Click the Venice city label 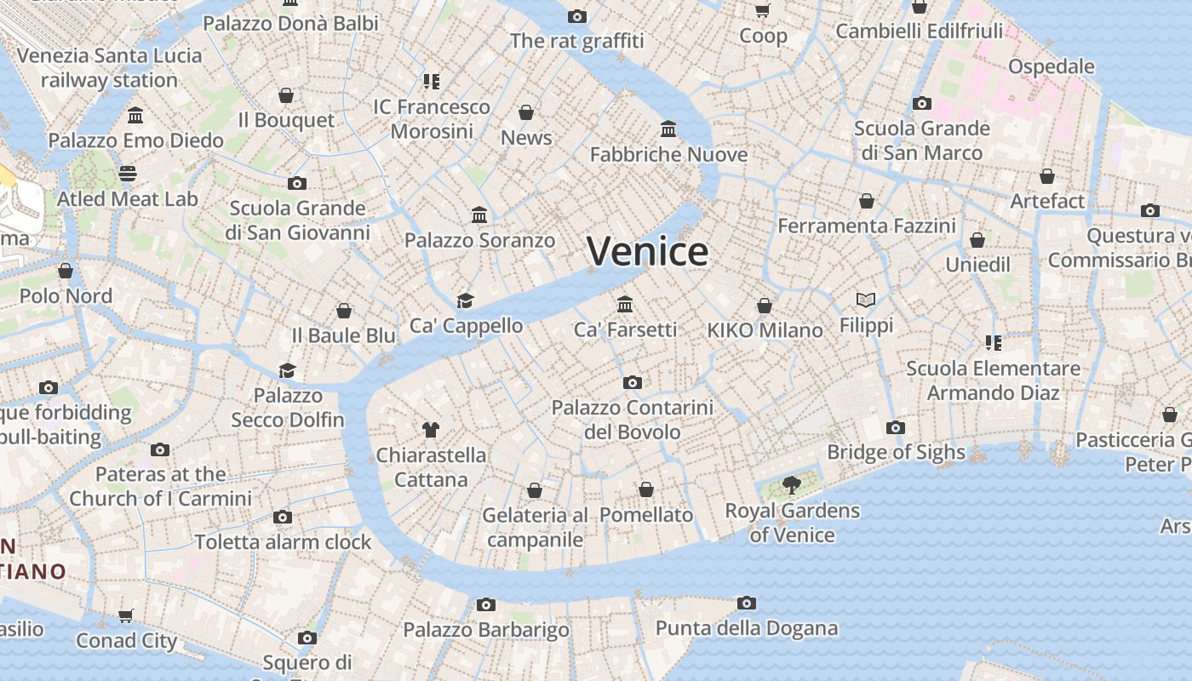pos(647,251)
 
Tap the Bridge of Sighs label pos(896,452)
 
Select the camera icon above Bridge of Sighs pos(896,427)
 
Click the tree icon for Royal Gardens pos(792,485)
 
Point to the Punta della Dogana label pos(746,629)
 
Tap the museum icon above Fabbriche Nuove pos(668,129)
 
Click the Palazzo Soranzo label pos(479,241)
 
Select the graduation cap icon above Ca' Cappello pos(465,300)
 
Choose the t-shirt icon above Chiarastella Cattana pos(431,430)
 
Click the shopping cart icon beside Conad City pos(126,615)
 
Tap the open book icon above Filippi pos(866,300)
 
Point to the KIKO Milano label pos(765,330)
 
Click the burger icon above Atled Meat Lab pos(128,174)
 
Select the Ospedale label pos(1051,66)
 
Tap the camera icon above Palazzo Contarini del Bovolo pos(632,382)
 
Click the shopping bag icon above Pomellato pos(646,489)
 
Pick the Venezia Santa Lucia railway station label pos(109,68)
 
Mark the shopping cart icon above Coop pos(762,11)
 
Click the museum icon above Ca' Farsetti pos(625,304)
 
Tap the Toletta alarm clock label pos(283,542)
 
